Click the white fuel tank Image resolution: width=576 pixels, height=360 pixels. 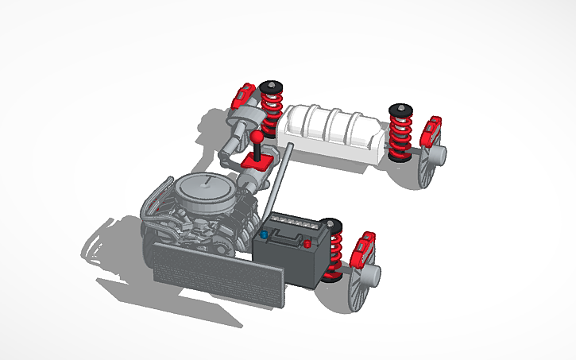330,131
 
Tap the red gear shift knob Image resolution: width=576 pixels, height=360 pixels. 259,141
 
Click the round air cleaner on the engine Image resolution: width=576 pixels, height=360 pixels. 205,188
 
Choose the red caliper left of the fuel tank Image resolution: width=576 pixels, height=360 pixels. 243,99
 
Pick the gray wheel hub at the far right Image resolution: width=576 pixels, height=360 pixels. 437,153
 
